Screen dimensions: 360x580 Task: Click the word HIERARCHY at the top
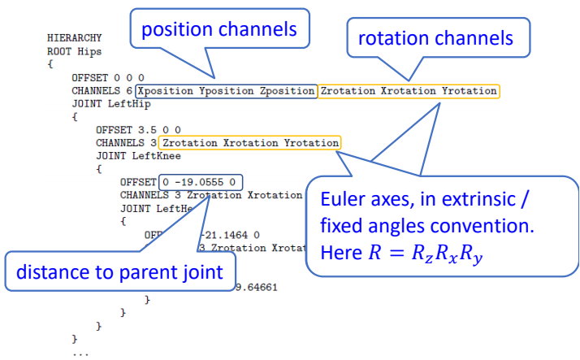pyautogui.click(x=74, y=38)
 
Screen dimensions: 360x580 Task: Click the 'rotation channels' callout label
pyautogui.click(x=435, y=37)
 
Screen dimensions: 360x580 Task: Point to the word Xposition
pyautogui.click(x=167, y=91)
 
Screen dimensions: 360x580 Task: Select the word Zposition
pyautogui.click(x=287, y=91)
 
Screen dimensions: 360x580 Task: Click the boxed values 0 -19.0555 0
pyautogui.click(x=201, y=182)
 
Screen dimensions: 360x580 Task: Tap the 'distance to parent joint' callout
pyautogui.click(x=119, y=271)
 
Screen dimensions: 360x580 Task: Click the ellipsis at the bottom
pyautogui.click(x=80, y=353)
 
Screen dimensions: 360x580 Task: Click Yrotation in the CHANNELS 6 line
pyautogui.click(x=469, y=91)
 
